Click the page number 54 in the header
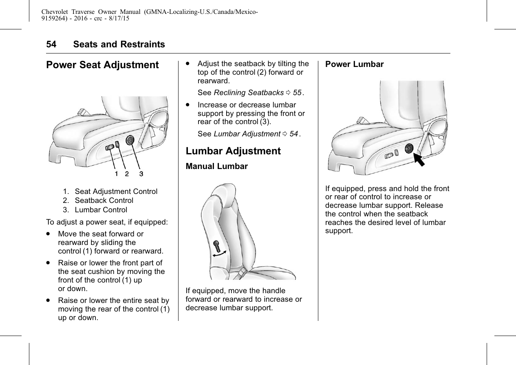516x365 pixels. tap(51, 45)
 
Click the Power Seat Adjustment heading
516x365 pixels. tap(102, 65)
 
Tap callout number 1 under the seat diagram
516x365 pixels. tap(117, 174)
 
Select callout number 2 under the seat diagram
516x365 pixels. tap(127, 174)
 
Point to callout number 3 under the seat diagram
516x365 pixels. tap(141, 174)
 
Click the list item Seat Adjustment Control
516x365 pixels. tap(116, 191)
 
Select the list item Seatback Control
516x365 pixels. tap(104, 200)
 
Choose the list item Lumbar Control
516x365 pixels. tap(101, 210)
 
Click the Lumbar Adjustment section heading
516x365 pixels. tap(233, 151)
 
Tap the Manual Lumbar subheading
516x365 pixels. tap(216, 167)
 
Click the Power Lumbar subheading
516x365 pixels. tap(354, 65)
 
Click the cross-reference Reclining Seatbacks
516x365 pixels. tap(249, 93)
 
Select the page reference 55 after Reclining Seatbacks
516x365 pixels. tap(297, 93)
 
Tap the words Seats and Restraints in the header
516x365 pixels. tap(119, 45)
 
